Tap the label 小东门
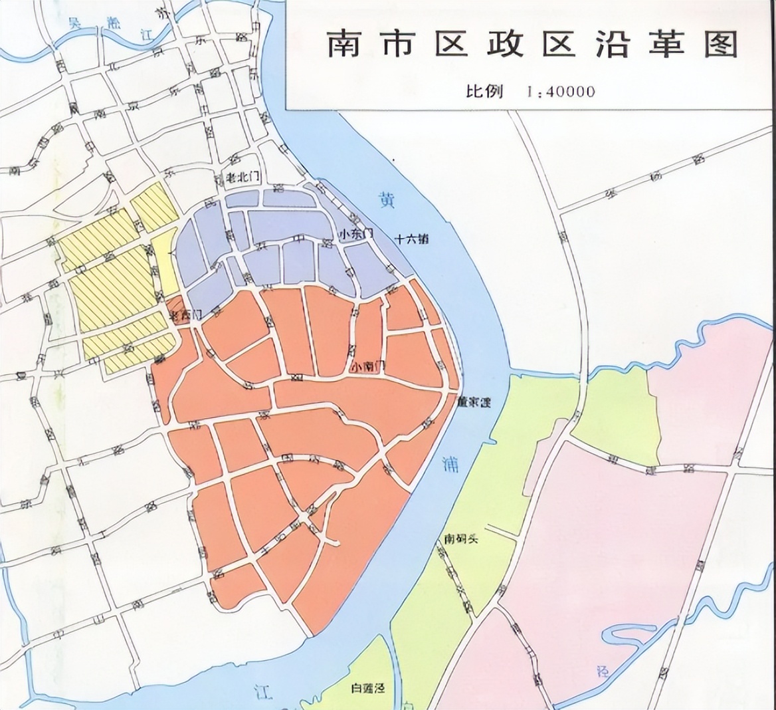click(x=357, y=233)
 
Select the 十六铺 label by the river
click(x=412, y=239)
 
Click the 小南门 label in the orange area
click(x=369, y=366)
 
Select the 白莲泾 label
click(x=368, y=689)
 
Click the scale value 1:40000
click(x=561, y=91)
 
